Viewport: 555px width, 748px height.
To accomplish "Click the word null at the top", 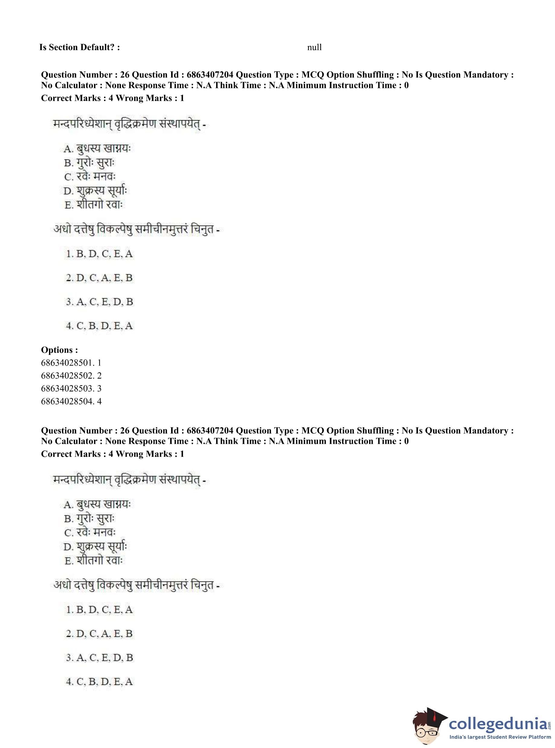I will (314, 47).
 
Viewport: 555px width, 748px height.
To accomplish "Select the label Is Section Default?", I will (79, 47).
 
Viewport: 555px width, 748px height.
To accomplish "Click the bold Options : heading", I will (60, 350).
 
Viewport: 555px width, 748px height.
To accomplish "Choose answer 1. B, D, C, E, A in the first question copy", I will (99, 254).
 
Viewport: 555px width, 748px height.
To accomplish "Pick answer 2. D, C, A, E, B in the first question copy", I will (99, 278).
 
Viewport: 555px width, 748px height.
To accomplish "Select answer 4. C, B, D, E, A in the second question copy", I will (99, 682).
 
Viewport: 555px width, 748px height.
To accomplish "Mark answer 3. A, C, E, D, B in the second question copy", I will (99, 658).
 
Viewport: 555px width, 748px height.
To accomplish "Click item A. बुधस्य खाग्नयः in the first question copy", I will (97, 148).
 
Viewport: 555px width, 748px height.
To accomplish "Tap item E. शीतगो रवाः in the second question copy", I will (94, 561).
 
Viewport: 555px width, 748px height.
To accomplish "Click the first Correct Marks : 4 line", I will (112, 98).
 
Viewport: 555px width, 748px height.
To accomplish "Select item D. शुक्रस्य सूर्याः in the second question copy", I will (96, 546).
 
